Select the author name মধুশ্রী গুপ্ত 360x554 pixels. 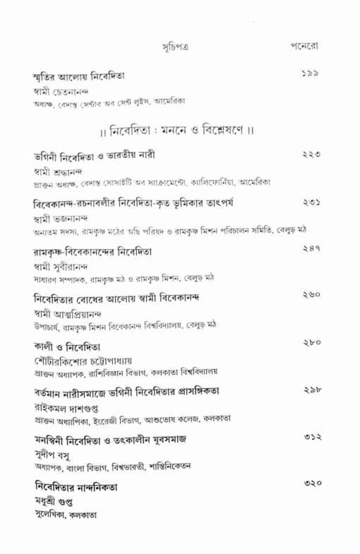click(x=57, y=501)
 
